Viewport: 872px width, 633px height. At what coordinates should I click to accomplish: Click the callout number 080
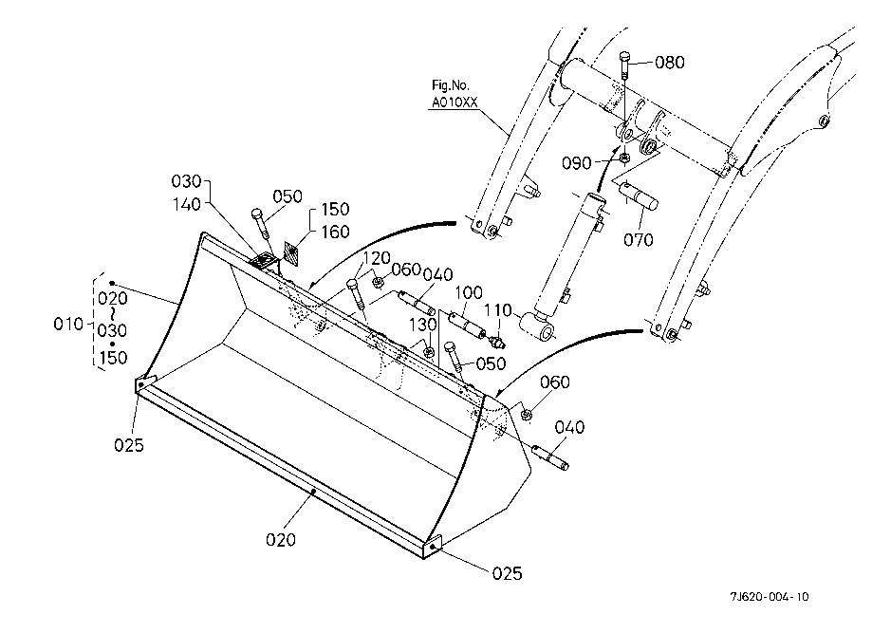(x=670, y=63)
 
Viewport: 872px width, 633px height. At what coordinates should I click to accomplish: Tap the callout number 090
(x=576, y=163)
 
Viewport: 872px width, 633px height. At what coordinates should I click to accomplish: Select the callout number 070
(x=638, y=240)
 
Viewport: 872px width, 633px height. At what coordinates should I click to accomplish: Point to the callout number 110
(x=498, y=310)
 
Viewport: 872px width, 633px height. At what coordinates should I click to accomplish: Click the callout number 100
(x=469, y=292)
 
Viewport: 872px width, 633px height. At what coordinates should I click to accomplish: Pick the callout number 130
(x=423, y=325)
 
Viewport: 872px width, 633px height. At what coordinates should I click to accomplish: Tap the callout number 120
(x=377, y=258)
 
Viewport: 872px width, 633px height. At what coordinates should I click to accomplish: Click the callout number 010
(x=68, y=324)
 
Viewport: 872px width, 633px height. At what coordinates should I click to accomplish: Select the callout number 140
(x=187, y=204)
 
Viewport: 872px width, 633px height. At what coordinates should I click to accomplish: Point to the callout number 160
(x=335, y=232)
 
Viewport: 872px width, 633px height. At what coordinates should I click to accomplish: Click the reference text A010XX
(x=455, y=102)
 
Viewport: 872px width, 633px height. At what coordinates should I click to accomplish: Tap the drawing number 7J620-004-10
(x=770, y=597)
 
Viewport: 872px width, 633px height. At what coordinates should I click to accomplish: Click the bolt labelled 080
(x=624, y=65)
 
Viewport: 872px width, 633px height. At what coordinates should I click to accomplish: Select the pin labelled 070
(x=639, y=196)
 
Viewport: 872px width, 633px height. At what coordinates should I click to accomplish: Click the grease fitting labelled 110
(x=495, y=341)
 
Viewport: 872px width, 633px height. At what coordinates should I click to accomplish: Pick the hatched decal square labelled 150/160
(x=291, y=253)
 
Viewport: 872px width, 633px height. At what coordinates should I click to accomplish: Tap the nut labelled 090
(x=624, y=158)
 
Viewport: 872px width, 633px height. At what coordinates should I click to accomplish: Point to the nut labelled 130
(x=429, y=351)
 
